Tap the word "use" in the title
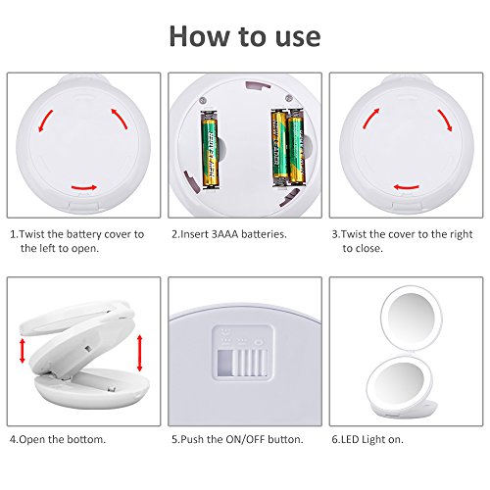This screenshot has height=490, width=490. pos(291,35)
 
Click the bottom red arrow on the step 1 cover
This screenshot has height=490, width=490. pos(82,186)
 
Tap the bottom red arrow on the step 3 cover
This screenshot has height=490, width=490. pos(406,186)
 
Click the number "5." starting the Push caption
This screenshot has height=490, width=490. pos(174,439)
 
